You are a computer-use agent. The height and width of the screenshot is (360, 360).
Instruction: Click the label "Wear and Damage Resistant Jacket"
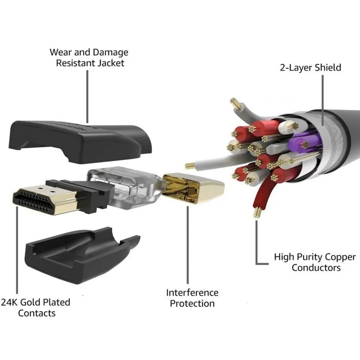pos(89,58)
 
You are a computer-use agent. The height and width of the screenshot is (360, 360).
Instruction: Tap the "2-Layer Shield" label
pos(310,67)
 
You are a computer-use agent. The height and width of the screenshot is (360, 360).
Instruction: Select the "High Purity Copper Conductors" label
pos(315,262)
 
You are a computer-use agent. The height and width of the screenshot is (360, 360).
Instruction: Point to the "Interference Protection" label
pos(192,298)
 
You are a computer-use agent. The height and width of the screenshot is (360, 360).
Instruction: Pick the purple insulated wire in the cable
pos(301,142)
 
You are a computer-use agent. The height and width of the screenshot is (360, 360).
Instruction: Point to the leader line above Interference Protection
pos(187,245)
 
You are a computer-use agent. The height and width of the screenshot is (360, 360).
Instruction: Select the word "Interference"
pos(192,292)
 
